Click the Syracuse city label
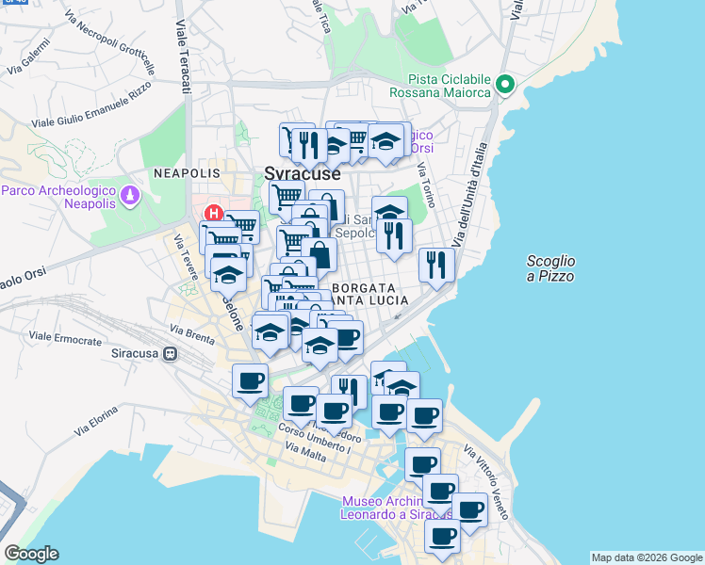(302, 174)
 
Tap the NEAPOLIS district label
(187, 174)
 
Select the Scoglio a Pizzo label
(551, 268)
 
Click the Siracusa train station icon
(171, 354)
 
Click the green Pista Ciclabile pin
(505, 85)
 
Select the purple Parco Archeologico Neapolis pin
(130, 197)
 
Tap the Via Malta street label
(304, 456)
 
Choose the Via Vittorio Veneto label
(490, 480)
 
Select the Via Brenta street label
(191, 331)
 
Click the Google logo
(31, 554)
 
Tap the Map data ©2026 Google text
(647, 557)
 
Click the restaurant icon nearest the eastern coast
(436, 264)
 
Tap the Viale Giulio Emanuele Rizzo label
(91, 105)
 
